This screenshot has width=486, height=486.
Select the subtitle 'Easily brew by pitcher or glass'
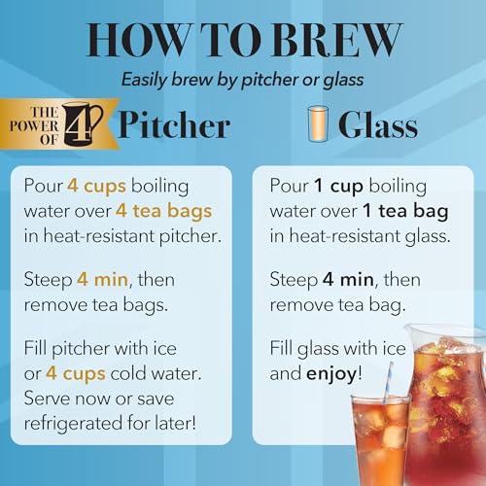[x=243, y=83]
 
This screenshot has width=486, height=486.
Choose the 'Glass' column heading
[x=378, y=126]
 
